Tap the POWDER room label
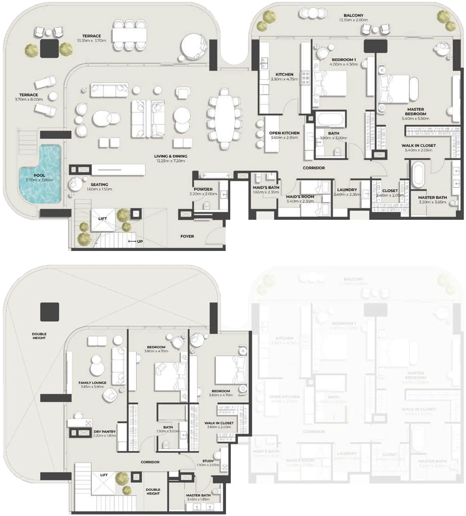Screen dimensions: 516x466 coord(203,189)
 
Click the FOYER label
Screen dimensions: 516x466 coord(187,236)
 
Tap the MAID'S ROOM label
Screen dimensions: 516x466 coord(300,197)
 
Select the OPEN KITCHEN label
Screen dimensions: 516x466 coord(284,133)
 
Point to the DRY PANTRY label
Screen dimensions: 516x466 coord(105,432)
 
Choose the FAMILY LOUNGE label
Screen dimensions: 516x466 coord(92,383)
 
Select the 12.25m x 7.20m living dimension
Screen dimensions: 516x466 coord(170,161)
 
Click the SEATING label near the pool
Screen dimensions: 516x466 coord(99,184)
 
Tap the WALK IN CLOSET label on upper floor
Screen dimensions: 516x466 coord(219,423)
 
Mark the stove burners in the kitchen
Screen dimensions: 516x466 coord(305,78)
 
